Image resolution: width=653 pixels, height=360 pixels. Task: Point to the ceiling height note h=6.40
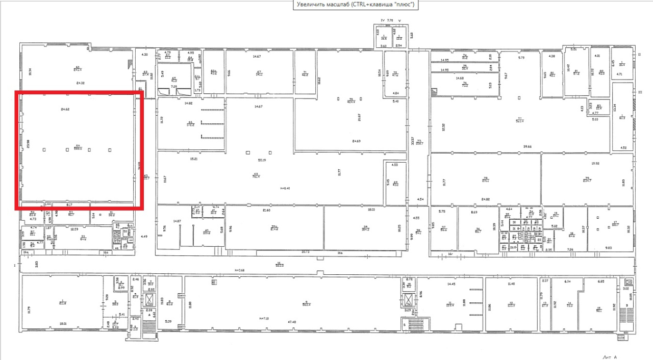[285, 188]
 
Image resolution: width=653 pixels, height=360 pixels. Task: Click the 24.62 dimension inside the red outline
[65, 109]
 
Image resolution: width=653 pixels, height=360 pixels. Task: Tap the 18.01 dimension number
[63, 323]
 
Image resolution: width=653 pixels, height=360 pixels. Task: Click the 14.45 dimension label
[450, 284]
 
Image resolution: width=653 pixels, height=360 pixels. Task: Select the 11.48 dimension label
[512, 284]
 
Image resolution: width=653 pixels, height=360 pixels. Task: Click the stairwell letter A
[148, 315]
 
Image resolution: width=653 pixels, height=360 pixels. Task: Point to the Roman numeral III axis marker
[639, 92]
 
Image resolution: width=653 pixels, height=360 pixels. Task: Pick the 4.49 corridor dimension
[144, 236]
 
